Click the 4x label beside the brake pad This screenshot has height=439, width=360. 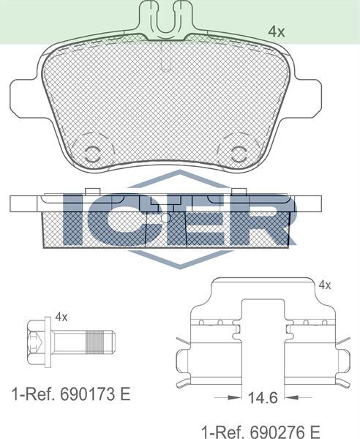point(275,31)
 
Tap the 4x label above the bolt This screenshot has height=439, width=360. point(61,317)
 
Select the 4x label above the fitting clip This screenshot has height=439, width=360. point(325,285)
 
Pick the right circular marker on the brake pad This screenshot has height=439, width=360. point(238,152)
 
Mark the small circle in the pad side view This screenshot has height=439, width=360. point(165,218)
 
